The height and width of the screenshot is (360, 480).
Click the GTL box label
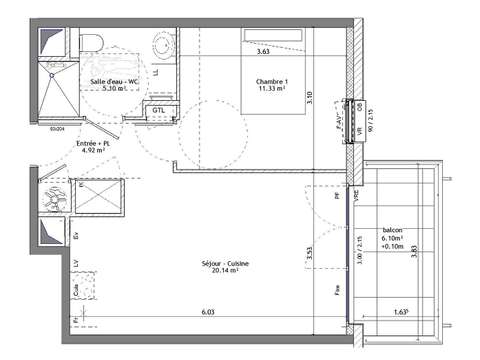point(159,110)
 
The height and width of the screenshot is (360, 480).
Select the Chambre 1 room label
point(271,81)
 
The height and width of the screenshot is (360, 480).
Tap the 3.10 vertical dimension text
point(310,98)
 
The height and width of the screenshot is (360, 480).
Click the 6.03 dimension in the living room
point(207,312)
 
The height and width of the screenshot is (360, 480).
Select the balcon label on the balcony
point(393,230)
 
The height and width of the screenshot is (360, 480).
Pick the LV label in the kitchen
point(78,262)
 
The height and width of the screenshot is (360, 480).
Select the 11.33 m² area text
point(271,89)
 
